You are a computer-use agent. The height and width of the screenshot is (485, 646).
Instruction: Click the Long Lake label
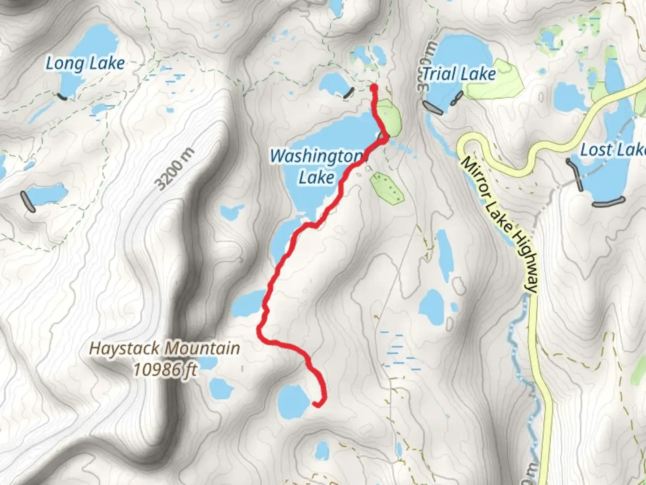coord(85,63)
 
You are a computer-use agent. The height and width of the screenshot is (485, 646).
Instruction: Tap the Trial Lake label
coord(459,74)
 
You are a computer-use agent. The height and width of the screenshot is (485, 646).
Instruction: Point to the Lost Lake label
coord(613,150)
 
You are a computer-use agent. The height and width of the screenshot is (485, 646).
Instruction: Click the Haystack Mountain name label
coord(164,348)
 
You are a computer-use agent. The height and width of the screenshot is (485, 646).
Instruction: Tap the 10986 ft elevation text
coord(165,370)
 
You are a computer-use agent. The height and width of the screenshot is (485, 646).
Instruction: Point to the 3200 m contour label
coord(175,168)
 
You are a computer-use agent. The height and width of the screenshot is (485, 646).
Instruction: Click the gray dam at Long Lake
coord(62,97)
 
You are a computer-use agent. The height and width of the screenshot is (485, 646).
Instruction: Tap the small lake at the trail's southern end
coord(293,401)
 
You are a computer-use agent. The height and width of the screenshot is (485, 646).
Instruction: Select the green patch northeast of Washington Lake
coord(388,118)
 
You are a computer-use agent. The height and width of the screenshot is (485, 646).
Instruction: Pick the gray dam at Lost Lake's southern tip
coord(608,202)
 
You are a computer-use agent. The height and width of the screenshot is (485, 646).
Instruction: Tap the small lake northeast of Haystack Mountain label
coord(248,303)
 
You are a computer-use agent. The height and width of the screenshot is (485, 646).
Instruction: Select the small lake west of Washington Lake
coord(232,211)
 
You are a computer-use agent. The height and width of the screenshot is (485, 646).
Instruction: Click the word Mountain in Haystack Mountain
coord(202,348)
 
